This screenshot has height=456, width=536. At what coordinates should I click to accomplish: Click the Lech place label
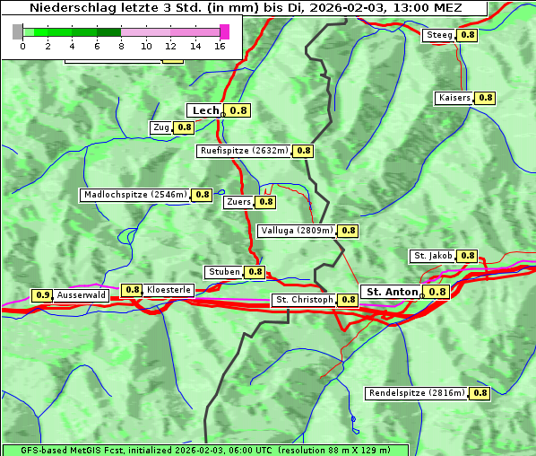(205, 110)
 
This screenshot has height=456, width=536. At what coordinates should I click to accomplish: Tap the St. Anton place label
(393, 292)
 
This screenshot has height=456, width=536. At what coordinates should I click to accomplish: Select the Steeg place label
(439, 35)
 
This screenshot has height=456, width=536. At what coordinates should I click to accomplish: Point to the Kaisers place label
(453, 97)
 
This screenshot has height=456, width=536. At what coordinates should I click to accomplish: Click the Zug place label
(161, 127)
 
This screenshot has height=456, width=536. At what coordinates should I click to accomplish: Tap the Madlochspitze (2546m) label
(134, 194)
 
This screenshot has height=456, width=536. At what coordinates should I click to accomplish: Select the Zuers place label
(238, 202)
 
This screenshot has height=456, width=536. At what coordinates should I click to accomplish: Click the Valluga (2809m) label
(297, 231)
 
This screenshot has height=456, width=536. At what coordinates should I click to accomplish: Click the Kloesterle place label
(169, 290)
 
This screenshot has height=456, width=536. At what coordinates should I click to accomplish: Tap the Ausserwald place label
(82, 294)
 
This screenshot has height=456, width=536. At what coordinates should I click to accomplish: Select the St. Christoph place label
(304, 300)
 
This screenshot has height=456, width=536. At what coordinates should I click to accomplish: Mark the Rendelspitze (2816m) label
(418, 393)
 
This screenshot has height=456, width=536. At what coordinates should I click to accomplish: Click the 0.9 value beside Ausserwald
(42, 294)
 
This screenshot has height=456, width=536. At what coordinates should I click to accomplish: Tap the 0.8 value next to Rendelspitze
(480, 393)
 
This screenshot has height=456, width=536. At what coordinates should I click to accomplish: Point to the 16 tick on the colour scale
(220, 46)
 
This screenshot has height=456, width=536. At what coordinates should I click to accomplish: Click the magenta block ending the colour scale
(224, 31)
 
